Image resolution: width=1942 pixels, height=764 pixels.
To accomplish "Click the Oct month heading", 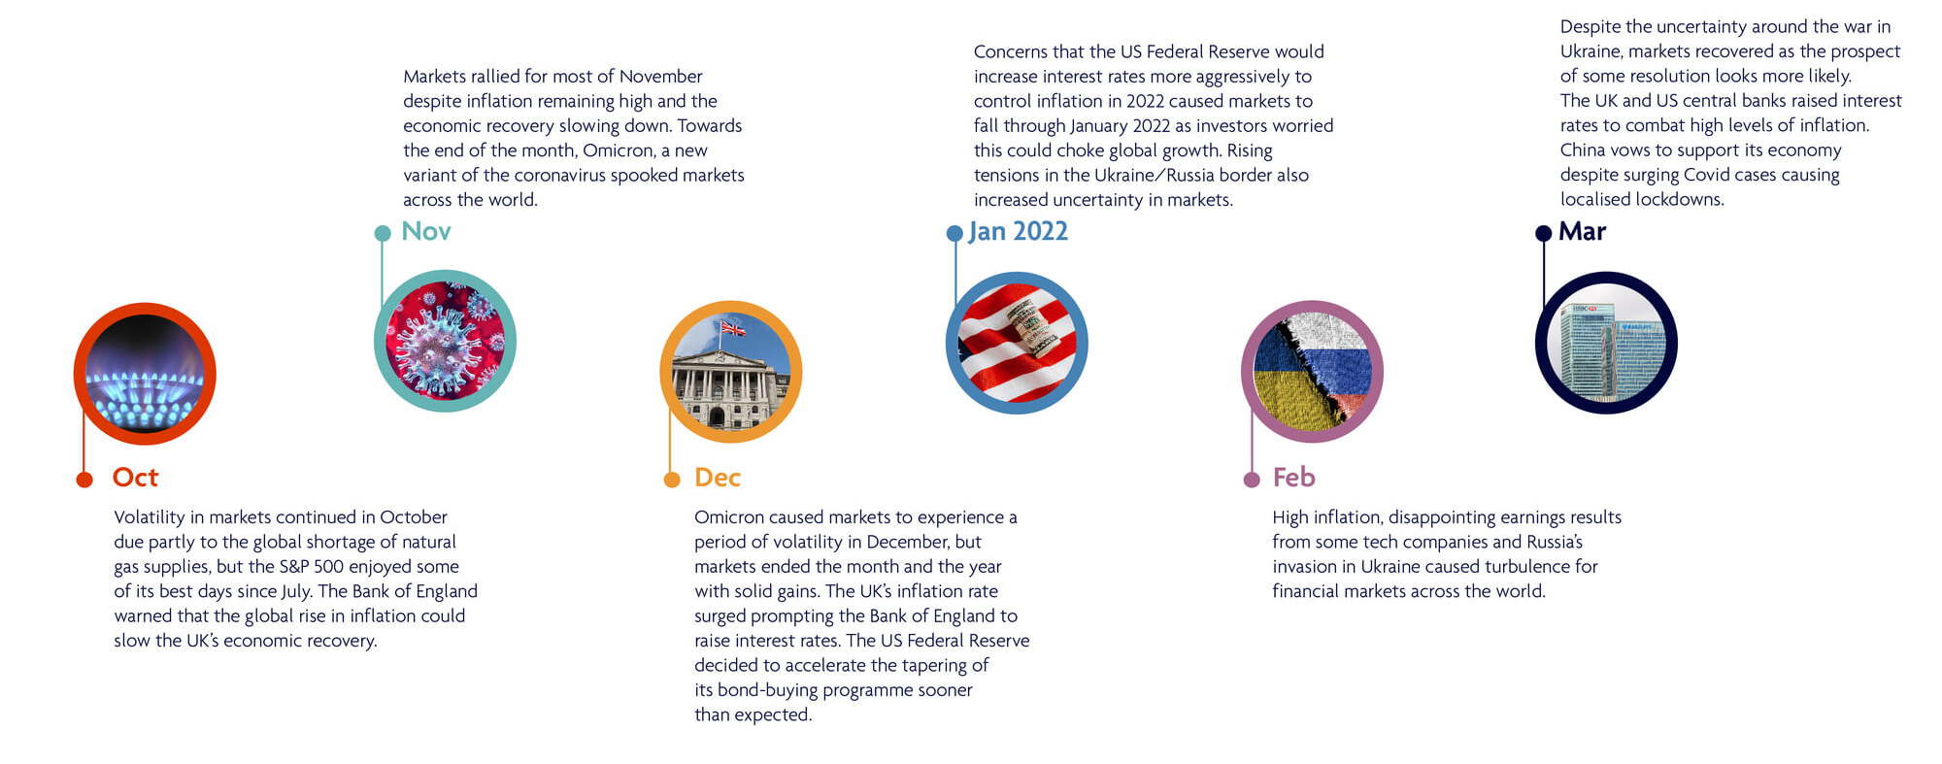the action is [135, 478].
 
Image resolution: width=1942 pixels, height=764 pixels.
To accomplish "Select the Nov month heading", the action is [426, 231].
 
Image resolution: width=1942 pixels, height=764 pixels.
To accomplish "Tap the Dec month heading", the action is [718, 478].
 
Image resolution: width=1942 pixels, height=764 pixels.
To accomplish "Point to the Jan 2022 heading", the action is [1019, 232].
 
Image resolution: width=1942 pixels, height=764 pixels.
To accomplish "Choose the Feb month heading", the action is [1294, 478].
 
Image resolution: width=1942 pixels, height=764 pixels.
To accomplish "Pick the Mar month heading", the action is [1583, 231].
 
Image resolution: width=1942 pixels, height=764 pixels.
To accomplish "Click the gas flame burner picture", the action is [145, 375].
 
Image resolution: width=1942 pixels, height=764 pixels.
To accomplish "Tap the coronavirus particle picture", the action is [445, 341].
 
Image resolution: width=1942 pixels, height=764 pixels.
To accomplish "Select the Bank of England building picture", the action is [731, 372].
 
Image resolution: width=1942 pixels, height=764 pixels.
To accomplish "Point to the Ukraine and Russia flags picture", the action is [1312, 372].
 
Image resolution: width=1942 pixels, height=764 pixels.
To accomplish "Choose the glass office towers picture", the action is [1606, 343].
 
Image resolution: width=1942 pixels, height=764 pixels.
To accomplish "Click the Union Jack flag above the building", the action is [733, 328].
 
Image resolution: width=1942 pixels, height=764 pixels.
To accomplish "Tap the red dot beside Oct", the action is [84, 480].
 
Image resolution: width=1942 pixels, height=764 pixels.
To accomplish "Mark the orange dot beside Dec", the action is [672, 480].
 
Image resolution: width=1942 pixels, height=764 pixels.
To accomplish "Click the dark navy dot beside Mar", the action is [1544, 233].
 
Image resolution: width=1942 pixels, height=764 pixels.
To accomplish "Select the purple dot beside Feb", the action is [1252, 480].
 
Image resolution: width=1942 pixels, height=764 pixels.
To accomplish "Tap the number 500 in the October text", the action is [329, 567].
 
